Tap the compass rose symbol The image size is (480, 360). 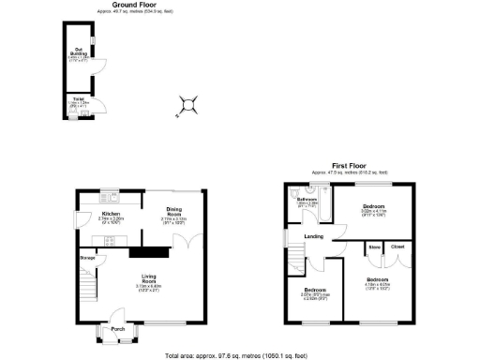coord(190,106)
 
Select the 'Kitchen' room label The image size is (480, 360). coord(111,214)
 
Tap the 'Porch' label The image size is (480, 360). coord(118,329)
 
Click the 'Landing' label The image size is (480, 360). coord(314,235)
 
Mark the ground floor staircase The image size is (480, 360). coord(89,282)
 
